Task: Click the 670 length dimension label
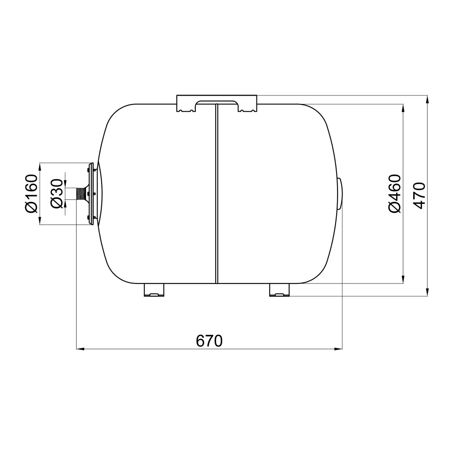click(209, 341)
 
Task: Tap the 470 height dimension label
click(419, 195)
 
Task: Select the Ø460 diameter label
click(394, 193)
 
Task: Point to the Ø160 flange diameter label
click(31, 193)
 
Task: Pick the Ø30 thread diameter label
click(56, 193)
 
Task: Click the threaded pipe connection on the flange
click(81, 193)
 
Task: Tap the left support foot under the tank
click(154, 290)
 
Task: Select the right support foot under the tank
click(280, 290)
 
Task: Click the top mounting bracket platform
click(217, 103)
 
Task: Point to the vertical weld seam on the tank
click(217, 193)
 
